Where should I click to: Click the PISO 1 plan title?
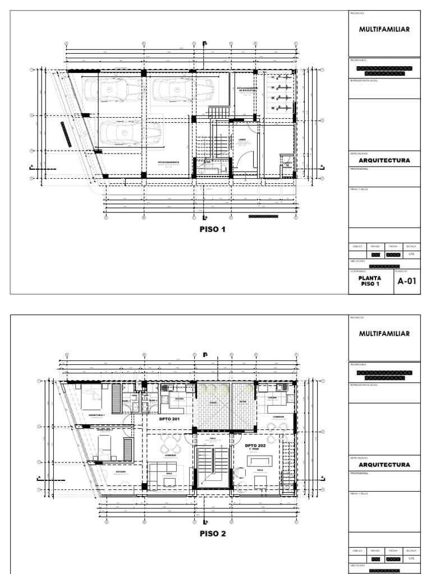(212, 229)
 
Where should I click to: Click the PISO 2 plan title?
(212, 534)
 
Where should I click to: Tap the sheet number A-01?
(406, 281)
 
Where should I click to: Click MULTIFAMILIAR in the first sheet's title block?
(384, 29)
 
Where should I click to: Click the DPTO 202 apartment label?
(255, 447)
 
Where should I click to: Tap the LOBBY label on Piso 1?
(242, 140)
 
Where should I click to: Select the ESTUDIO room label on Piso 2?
(121, 472)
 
